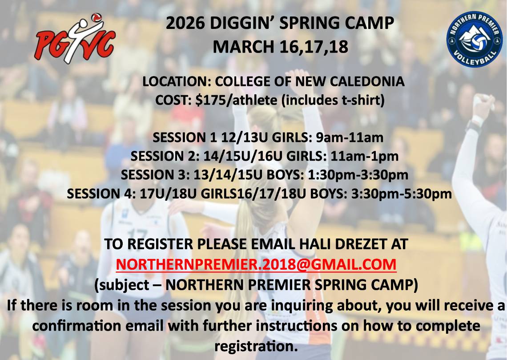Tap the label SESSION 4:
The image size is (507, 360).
[96, 194]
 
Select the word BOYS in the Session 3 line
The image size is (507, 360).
[284, 175]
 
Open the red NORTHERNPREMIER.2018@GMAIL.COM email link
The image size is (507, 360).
[256, 264]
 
